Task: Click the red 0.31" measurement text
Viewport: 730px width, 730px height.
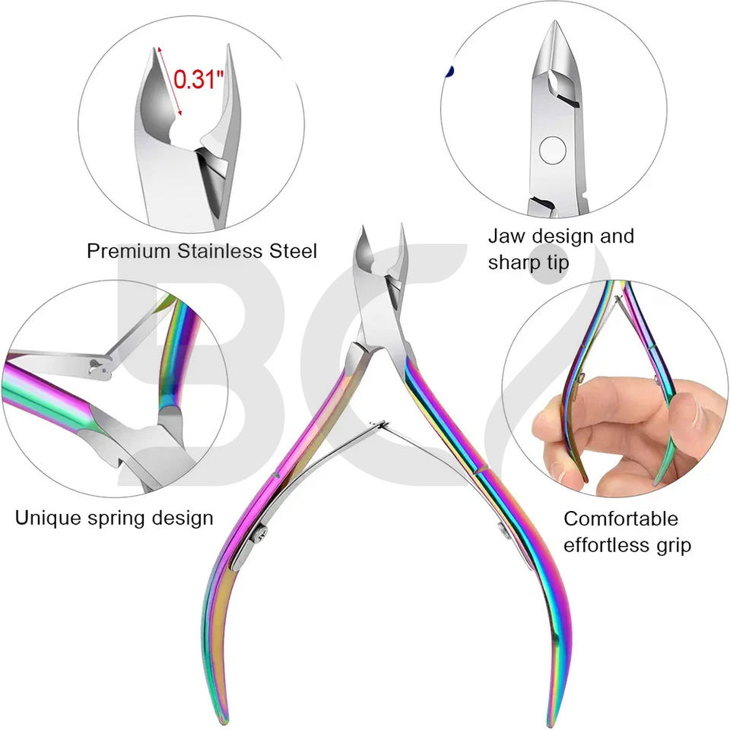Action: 198,79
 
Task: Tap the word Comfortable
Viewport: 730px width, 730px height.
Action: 620,519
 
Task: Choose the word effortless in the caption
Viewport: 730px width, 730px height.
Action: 608,545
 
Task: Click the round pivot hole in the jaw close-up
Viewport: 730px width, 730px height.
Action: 553,149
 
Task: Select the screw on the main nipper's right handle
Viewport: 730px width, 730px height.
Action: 503,529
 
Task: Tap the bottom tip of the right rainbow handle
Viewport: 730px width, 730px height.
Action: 557,719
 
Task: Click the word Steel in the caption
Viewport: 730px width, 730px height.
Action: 290,251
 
